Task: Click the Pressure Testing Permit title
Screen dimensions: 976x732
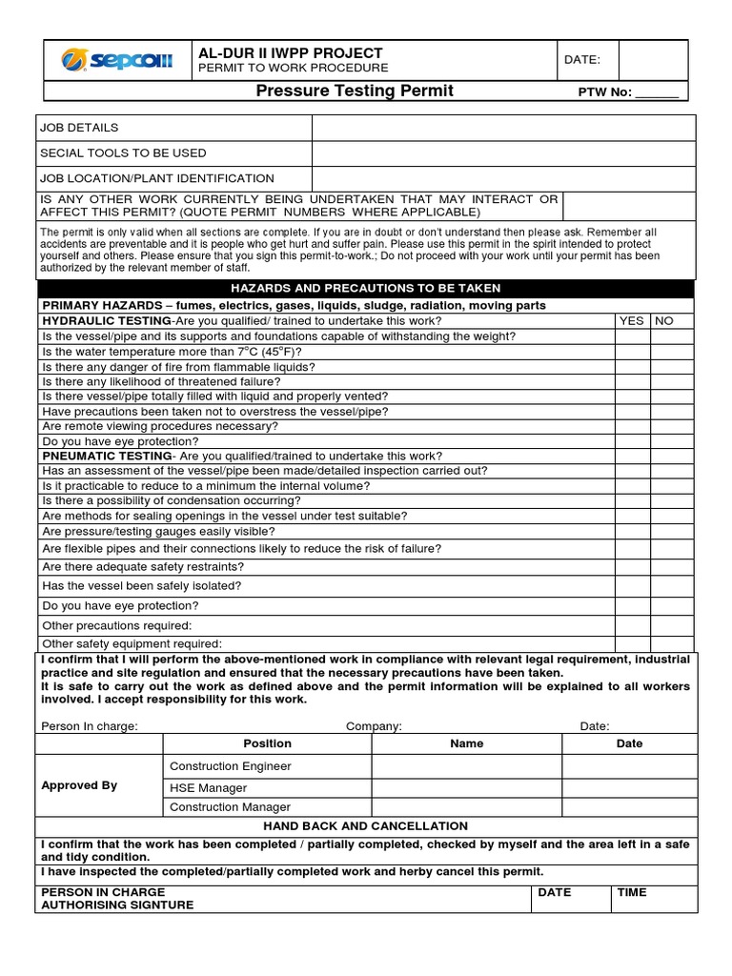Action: click(355, 91)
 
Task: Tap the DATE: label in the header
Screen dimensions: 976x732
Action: click(582, 60)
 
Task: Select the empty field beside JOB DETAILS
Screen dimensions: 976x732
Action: click(504, 128)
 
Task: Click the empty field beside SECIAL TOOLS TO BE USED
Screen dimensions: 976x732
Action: click(504, 153)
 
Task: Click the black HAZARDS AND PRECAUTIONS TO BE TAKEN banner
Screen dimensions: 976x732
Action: click(366, 288)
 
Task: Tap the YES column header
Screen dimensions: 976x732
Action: click(632, 321)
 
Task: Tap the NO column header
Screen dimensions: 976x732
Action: click(664, 321)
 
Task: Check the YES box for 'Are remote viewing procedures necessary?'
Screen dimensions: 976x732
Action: click(632, 427)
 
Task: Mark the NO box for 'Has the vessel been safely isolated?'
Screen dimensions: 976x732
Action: click(672, 586)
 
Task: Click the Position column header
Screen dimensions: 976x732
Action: click(268, 743)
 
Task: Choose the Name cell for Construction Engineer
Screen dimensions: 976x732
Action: click(466, 766)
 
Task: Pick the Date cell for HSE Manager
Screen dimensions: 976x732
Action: click(629, 788)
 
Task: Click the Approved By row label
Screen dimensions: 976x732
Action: click(81, 785)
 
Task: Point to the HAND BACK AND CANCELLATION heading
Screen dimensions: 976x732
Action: click(366, 825)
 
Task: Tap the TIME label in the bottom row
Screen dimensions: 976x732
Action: click(632, 892)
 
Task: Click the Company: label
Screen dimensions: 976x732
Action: click(374, 726)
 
